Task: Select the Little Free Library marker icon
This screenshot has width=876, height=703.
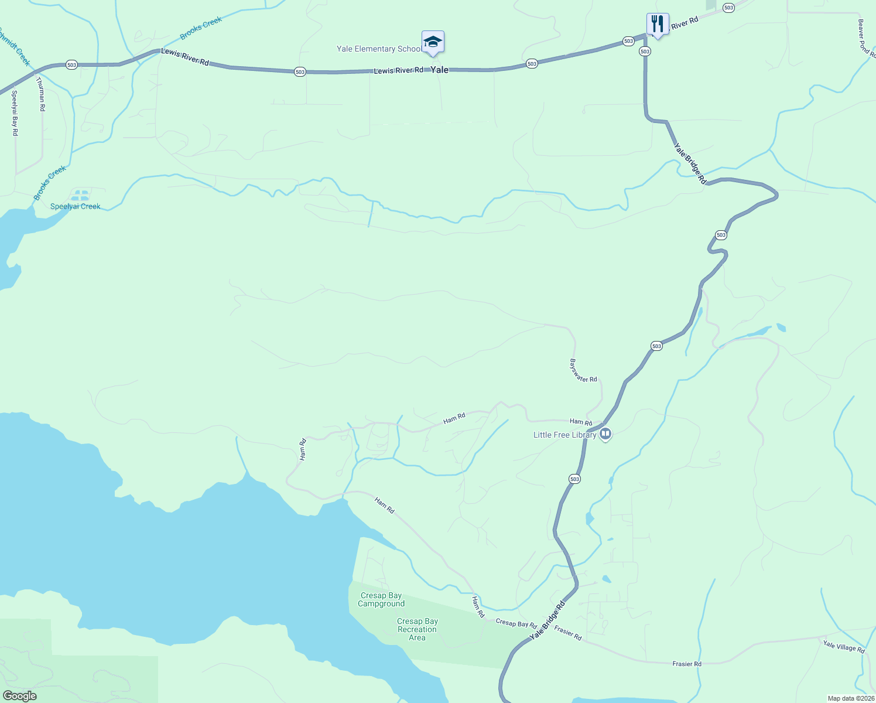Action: [606, 435]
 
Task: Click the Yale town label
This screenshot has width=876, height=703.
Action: [440, 70]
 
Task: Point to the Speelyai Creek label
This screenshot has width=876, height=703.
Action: [75, 206]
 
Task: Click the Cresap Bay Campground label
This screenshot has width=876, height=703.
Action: [381, 600]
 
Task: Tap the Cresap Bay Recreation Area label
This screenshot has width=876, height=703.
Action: [417, 630]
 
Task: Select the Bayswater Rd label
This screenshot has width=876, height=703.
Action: [583, 371]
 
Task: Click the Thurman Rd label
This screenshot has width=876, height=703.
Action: [41, 94]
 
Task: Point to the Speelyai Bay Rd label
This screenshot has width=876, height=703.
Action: [15, 113]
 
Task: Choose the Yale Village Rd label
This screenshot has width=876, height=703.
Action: [844, 647]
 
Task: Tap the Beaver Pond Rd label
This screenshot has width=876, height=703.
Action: [865, 37]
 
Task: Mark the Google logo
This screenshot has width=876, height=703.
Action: [19, 696]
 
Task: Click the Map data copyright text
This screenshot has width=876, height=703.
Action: [851, 698]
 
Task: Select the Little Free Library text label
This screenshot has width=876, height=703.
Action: [564, 435]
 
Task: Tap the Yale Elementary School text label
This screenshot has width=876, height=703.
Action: [378, 49]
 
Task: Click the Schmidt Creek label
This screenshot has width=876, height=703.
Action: [15, 47]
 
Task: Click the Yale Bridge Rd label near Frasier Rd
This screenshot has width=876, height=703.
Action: [547, 620]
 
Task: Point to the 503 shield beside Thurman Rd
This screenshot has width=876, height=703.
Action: [71, 65]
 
